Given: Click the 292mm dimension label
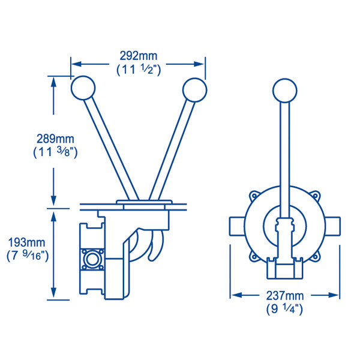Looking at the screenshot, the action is (139, 56).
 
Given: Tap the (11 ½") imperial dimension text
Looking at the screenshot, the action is (139, 70).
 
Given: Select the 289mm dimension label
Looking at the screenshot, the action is (55, 139).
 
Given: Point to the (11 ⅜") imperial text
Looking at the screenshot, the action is (55, 152).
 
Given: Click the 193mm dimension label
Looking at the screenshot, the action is (26, 242).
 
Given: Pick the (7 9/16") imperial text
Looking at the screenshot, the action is (28, 256).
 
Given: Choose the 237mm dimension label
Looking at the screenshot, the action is (284, 296).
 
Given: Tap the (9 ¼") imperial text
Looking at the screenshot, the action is (284, 309).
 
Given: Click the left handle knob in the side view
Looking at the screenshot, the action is (83, 88).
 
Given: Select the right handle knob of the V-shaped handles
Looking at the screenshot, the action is (194, 90).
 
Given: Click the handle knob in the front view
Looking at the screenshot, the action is (284, 91).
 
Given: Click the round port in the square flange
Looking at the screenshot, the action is (92, 259).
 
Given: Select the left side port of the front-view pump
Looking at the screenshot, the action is (237, 226).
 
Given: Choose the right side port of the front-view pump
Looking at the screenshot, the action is (332, 226).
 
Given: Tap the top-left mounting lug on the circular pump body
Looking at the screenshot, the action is (254, 196).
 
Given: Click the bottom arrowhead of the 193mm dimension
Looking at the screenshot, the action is (53, 294).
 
